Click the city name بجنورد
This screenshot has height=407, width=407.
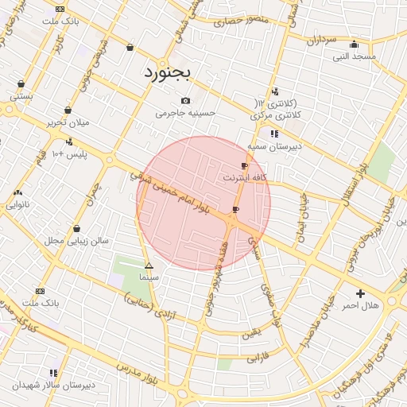tap(168, 73)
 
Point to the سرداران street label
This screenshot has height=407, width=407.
tap(323, 40)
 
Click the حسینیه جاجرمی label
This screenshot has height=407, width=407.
tap(185, 114)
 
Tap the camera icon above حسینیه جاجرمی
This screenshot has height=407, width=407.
tap(185, 100)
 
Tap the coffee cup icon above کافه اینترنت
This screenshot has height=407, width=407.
tap(244, 165)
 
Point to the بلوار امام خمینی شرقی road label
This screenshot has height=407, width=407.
tap(174, 191)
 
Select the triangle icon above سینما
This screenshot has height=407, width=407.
tap(149, 266)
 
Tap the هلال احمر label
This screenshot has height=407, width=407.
tap(361, 305)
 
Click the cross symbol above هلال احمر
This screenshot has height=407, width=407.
tap(361, 293)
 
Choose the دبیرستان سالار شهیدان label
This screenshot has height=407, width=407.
tap(53, 385)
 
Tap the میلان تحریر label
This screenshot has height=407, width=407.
tap(68, 122)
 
